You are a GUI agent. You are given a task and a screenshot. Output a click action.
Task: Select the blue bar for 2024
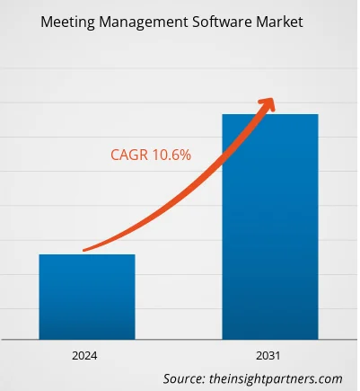pyautogui.click(x=86, y=297)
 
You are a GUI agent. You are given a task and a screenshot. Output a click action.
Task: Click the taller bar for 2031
pyautogui.click(x=270, y=225)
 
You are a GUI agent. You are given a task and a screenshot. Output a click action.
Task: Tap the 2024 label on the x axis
pyautogui.click(x=86, y=354)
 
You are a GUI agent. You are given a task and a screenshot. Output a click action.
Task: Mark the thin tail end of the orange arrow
pyautogui.click(x=84, y=250)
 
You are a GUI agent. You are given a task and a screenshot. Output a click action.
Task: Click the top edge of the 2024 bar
pyautogui.click(x=86, y=255)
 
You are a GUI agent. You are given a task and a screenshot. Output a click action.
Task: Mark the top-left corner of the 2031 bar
pyautogui.click(x=223, y=115)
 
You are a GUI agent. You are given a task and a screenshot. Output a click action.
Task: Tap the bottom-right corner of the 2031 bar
pyautogui.click(x=318, y=338)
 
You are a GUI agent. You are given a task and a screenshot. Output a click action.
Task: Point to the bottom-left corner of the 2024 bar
pyautogui.click(x=39, y=338)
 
